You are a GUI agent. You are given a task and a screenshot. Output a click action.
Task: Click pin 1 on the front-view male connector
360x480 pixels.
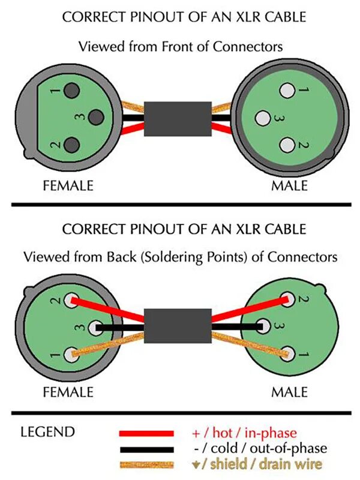pos(287,91)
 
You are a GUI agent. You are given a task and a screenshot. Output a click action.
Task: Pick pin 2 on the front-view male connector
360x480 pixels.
pos(287,145)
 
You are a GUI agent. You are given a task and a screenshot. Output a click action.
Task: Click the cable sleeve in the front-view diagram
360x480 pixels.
pos(177,119)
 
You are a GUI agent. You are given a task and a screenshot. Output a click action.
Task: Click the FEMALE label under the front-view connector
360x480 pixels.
pos(68,185)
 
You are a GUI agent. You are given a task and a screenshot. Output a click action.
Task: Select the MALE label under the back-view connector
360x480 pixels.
pos(289,392)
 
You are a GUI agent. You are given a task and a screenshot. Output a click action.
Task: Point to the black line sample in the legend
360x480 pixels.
pos(146,449)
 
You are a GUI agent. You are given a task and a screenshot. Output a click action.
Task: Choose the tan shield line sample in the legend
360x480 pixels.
pos(146,464)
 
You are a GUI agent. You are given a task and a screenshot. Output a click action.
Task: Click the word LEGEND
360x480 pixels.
pos(47,432)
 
